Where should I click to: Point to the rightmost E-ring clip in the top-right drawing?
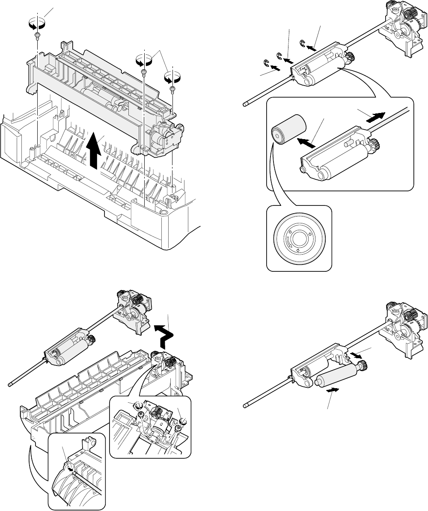303,42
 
